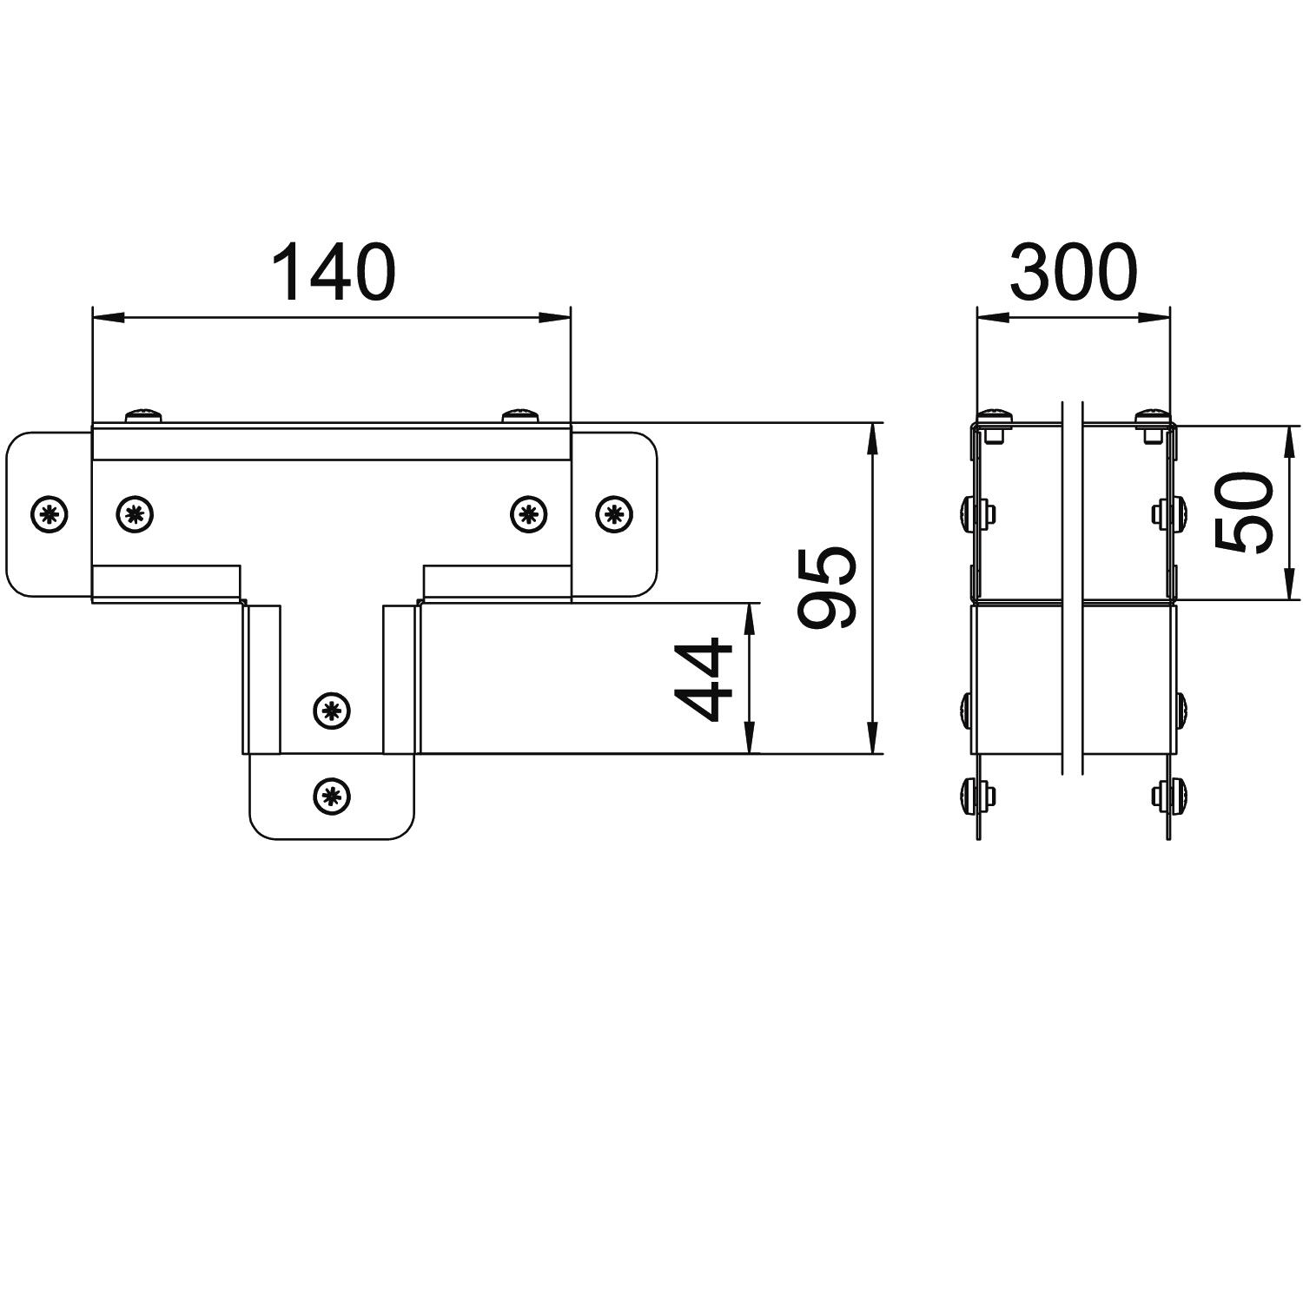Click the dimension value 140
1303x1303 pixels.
334,272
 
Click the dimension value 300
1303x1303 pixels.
1073,272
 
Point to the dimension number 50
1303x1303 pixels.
1243,513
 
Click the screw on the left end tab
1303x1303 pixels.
50,514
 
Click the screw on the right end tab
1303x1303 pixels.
614,514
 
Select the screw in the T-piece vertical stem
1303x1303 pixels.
331,711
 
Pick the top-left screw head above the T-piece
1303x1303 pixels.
143,415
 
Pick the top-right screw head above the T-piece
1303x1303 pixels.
520,415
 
